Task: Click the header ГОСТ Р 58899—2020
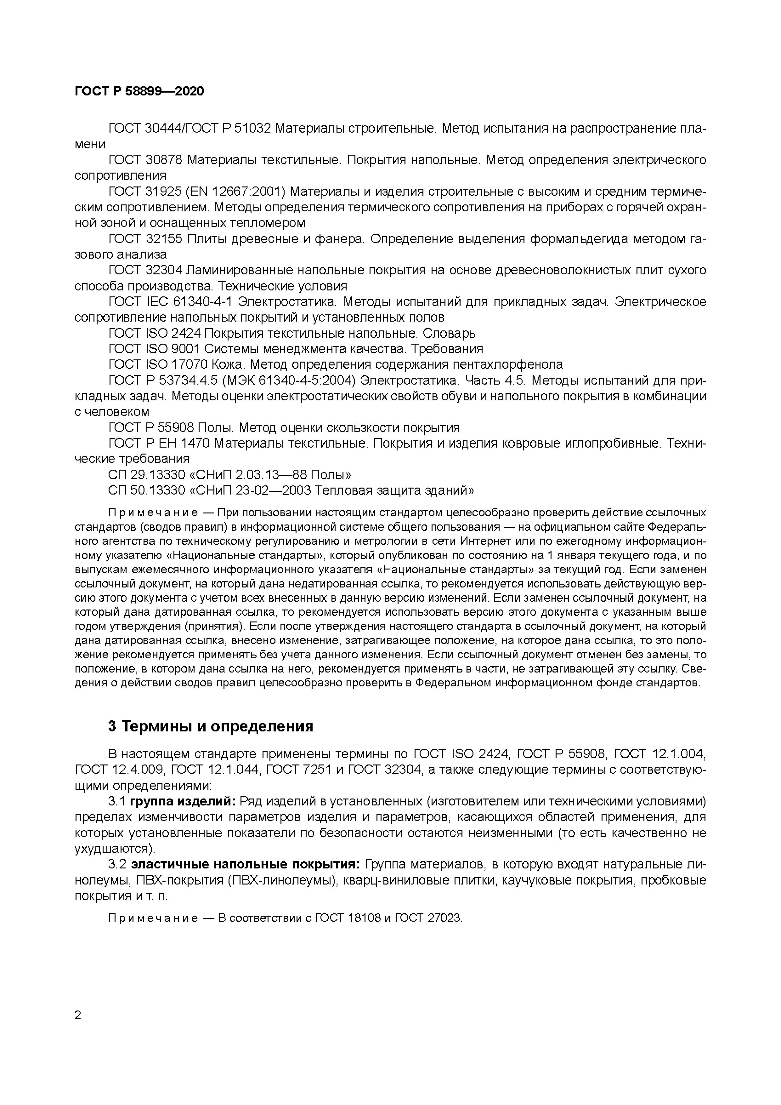point(139,91)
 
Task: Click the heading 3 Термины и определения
point(211,726)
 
